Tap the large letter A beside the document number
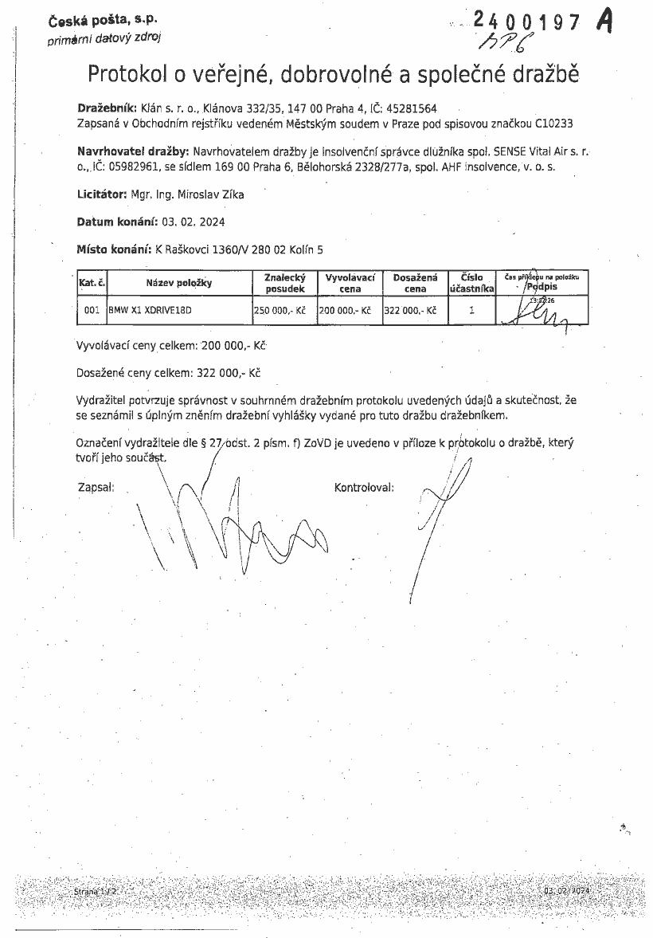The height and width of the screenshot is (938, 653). (x=604, y=22)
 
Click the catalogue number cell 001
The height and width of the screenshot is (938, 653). (x=92, y=311)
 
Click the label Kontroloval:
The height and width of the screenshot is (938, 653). (x=364, y=486)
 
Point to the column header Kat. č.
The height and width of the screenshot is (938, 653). (x=92, y=283)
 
